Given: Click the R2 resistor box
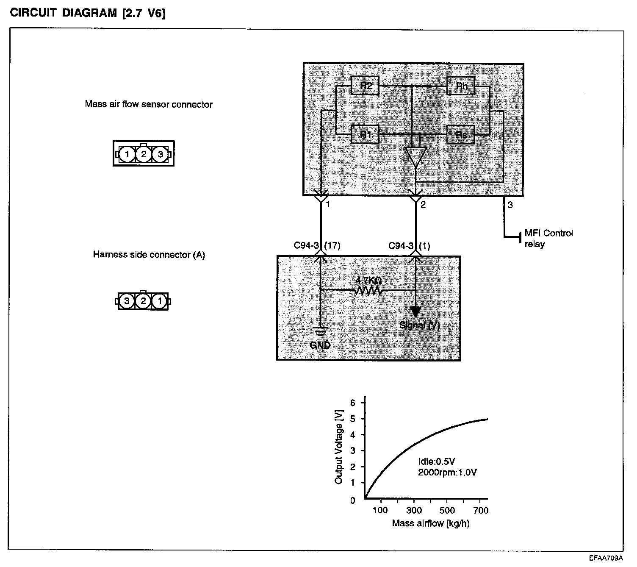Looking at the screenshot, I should pos(365,86).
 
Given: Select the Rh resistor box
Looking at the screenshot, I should pos(461,86).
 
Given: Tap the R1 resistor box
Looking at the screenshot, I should pos(365,135).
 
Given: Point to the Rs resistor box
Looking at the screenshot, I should pos(461,135).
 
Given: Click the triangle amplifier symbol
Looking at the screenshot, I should pos(415,156).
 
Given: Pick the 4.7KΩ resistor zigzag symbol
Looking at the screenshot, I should pos(369,291).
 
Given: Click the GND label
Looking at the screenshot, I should pos(320,345).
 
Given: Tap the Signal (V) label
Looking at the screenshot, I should pos(420,325).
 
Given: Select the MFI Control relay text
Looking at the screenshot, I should pos(548,239).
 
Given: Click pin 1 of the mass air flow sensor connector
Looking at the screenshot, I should pos(126,154).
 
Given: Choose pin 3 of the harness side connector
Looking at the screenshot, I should pos(127,301).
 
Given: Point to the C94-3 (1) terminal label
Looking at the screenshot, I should pos(409,246).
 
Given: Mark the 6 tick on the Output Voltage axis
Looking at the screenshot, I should pos(352,402).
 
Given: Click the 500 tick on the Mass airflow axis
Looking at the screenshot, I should pos(447,510).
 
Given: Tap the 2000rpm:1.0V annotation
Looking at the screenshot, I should pos(447,472).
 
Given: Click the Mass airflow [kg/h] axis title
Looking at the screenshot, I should pos(430,523).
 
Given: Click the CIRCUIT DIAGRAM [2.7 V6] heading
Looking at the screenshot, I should pos(88,13).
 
